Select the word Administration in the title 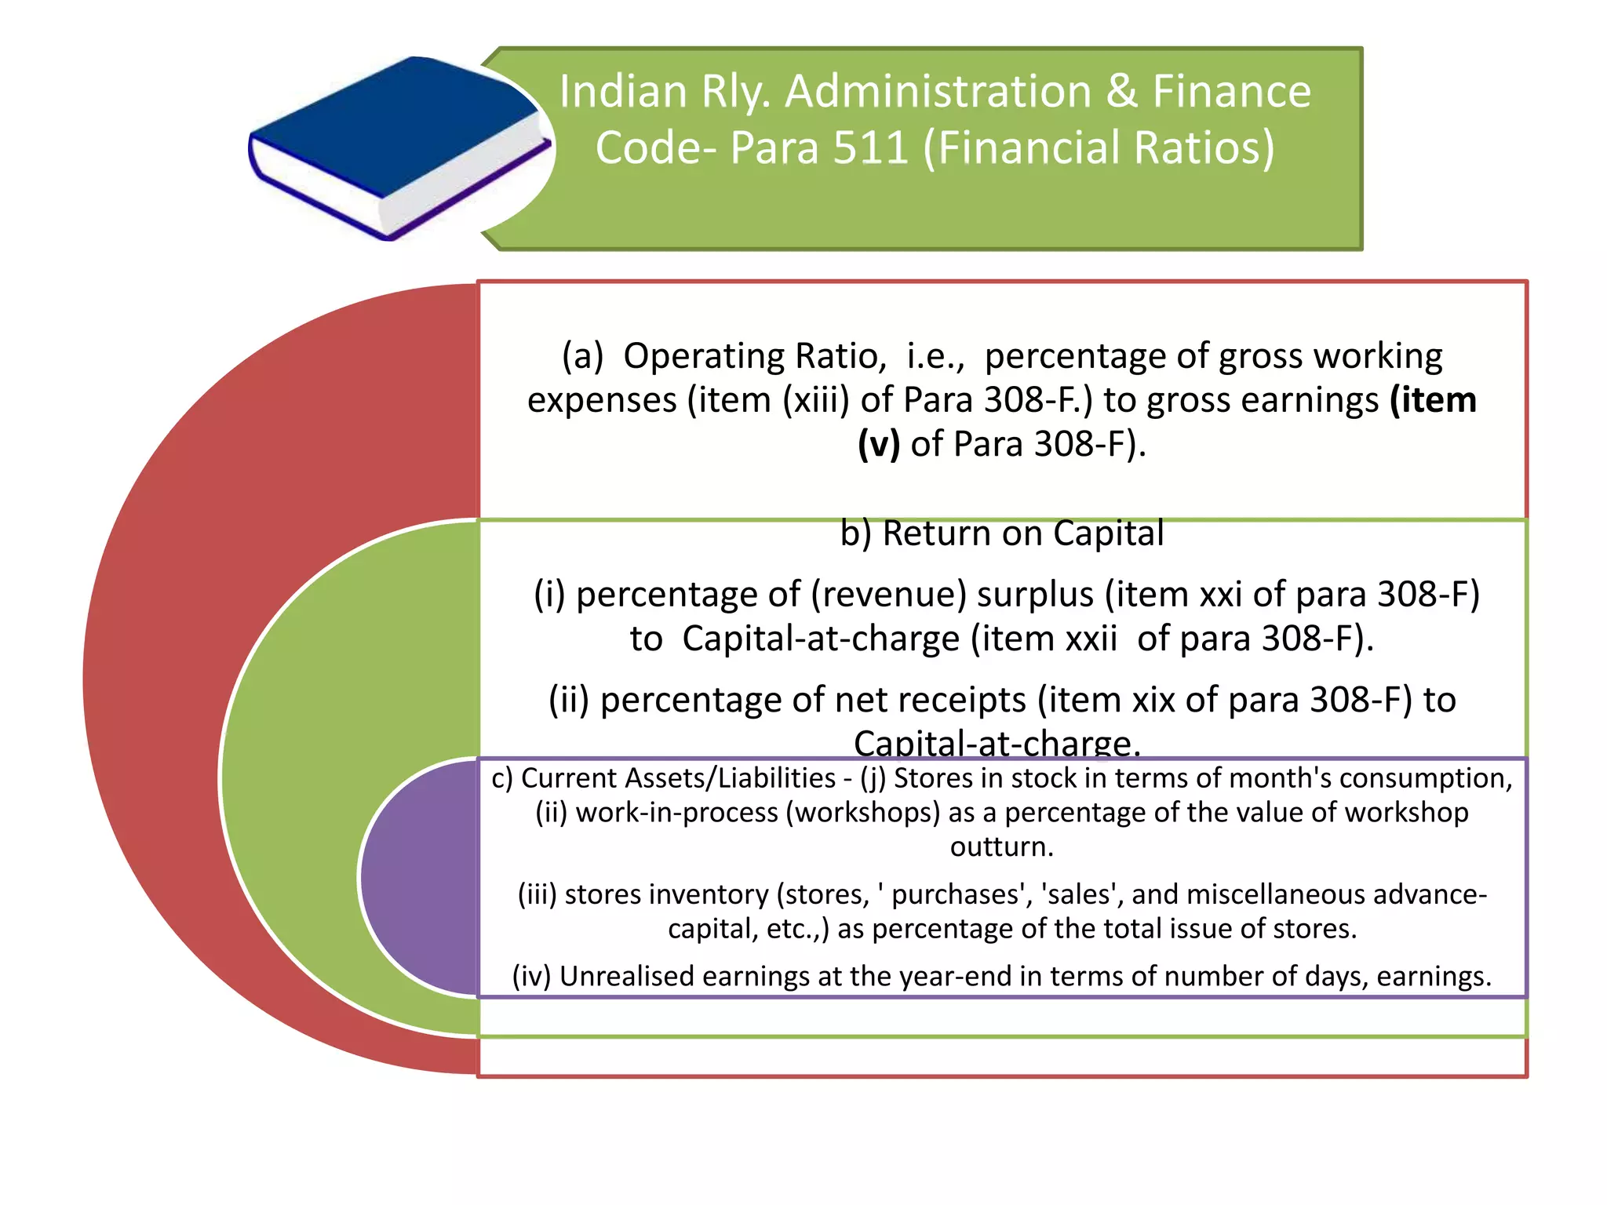938,91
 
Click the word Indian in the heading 624,91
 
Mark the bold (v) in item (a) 878,444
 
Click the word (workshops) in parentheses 863,813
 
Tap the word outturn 1001,847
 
